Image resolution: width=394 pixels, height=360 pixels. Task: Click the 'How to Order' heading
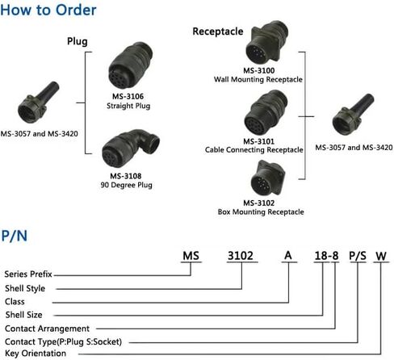[48, 10]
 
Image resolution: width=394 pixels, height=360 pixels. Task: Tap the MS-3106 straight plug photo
[131, 65]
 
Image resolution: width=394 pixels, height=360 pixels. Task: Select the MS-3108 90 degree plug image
[131, 148]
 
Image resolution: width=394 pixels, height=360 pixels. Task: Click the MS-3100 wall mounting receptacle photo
[266, 43]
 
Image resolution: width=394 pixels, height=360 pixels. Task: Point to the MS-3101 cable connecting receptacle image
[266, 112]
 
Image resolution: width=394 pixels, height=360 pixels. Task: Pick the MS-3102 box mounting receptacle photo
[267, 178]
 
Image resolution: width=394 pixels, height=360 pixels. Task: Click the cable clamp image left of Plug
[38, 103]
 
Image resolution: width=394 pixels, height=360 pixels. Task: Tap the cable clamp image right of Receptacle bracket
[353, 115]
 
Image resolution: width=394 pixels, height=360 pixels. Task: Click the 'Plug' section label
[78, 42]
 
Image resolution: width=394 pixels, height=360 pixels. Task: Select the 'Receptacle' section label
[218, 31]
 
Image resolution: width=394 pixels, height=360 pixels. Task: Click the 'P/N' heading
[14, 236]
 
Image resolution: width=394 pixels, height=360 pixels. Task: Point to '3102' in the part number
[241, 256]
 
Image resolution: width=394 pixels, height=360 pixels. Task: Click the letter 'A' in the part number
[288, 255]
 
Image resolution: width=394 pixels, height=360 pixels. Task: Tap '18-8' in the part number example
[326, 256]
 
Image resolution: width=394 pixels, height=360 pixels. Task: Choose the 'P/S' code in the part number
[358, 256]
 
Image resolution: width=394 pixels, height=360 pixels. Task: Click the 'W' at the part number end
[381, 256]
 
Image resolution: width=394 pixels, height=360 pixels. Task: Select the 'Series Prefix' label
[28, 274]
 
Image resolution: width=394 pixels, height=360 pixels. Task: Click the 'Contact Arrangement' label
[47, 329]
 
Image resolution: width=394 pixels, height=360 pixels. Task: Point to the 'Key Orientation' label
[36, 354]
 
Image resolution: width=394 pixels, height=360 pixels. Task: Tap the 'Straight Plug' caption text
[128, 106]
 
